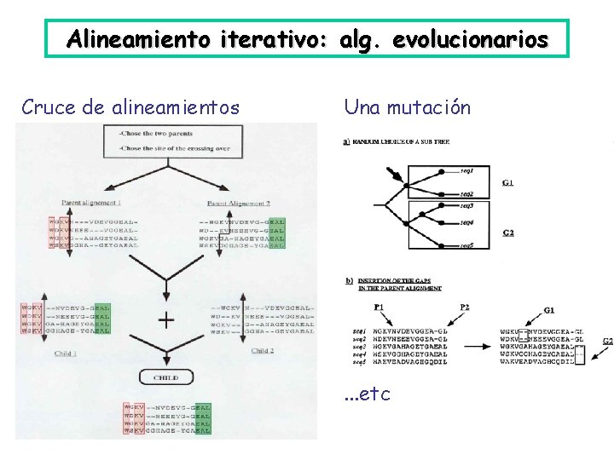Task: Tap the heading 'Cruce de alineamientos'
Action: coord(130,107)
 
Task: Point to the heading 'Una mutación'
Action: coord(407,107)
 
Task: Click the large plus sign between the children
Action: coord(166,320)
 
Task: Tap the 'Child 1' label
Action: coord(66,352)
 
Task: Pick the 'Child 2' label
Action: coord(263,350)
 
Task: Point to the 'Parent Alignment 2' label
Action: coord(239,203)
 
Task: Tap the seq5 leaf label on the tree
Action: coord(466,245)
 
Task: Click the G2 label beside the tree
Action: coord(508,232)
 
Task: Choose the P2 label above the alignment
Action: coord(464,307)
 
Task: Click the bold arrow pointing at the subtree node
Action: coord(397,175)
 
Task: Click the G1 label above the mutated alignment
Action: coord(549,309)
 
